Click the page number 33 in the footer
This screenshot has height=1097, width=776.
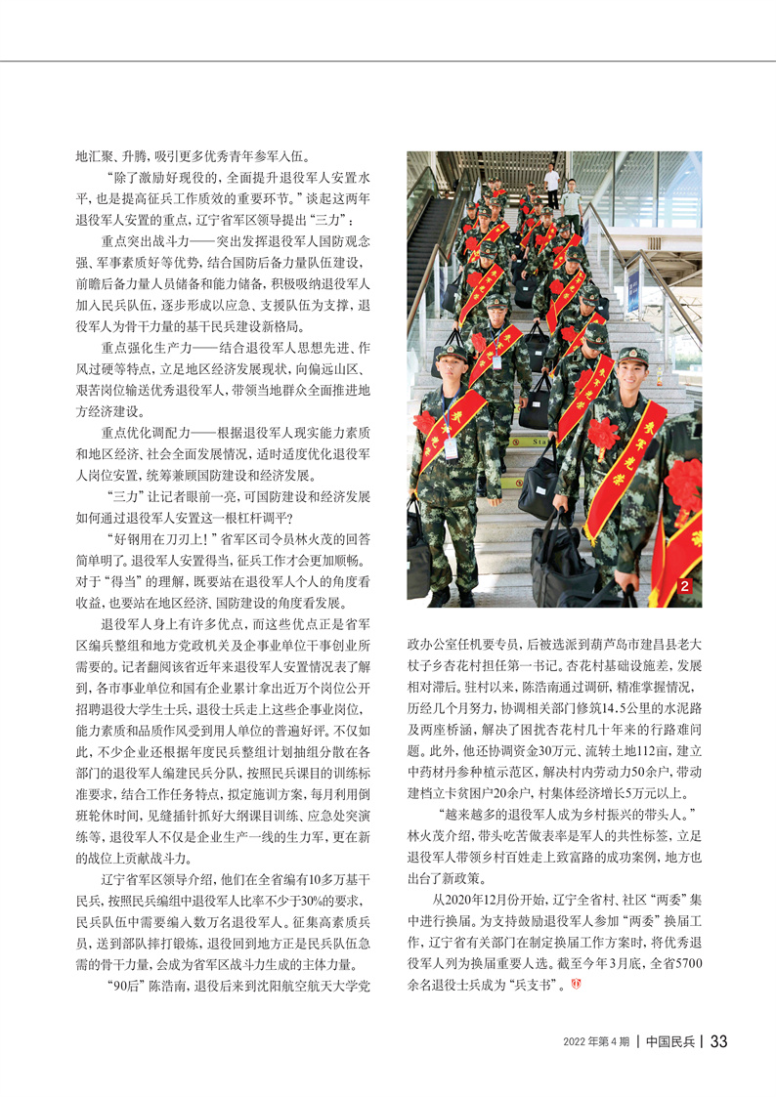click(x=718, y=1041)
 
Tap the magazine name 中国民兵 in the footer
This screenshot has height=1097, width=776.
click(x=669, y=1041)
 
